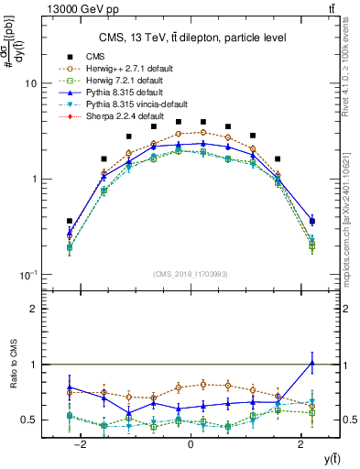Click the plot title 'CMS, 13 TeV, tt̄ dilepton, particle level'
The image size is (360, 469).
[x=191, y=38]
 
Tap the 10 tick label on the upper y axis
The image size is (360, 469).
[x=30, y=83]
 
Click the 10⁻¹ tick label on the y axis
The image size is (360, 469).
[x=29, y=276]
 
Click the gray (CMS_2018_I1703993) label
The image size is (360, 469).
[x=190, y=272]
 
